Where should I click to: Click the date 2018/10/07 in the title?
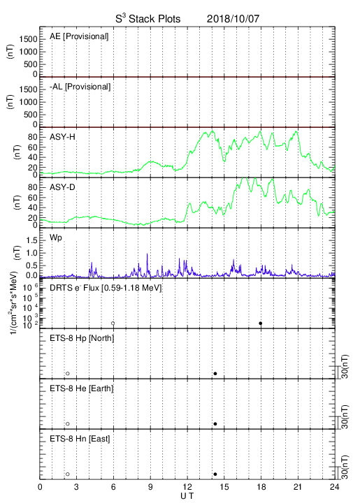click(x=233, y=19)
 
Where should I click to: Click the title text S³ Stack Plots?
click(x=148, y=19)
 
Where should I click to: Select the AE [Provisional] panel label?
click(x=79, y=36)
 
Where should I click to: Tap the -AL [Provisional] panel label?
click(x=80, y=87)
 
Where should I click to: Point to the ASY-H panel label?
click(x=62, y=137)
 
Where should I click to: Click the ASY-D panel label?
click(x=62, y=187)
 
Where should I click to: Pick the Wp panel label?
click(x=56, y=238)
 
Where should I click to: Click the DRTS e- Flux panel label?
click(x=106, y=288)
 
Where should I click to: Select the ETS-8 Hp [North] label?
click(x=82, y=338)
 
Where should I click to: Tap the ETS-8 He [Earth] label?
click(x=82, y=388)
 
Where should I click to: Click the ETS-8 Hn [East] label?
click(x=80, y=439)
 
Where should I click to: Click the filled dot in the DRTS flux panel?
click(x=261, y=323)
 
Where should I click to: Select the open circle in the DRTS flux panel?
click(x=113, y=323)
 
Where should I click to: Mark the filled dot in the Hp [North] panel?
click(x=215, y=373)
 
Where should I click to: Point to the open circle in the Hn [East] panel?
click(x=68, y=474)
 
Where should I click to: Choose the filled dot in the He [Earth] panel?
click(x=215, y=424)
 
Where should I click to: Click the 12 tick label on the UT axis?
click(x=187, y=487)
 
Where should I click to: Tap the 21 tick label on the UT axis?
click(x=298, y=487)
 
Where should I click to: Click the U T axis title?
click(x=187, y=496)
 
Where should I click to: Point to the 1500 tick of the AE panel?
click(x=28, y=39)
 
